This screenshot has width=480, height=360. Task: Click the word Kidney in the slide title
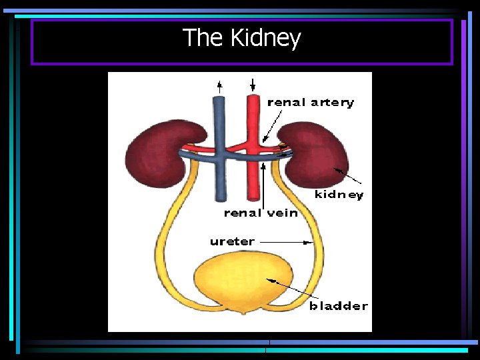point(265,39)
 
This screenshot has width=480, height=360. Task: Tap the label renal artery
point(310,103)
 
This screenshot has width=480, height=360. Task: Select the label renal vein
point(260,213)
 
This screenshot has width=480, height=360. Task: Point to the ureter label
point(232,241)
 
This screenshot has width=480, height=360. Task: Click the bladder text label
point(338,306)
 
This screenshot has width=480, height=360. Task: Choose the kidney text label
point(339,195)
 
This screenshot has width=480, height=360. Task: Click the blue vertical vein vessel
point(219,180)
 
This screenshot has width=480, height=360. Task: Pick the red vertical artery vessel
point(253,180)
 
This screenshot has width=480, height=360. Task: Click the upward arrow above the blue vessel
point(219,86)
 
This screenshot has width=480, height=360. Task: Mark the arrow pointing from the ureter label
point(287,242)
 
